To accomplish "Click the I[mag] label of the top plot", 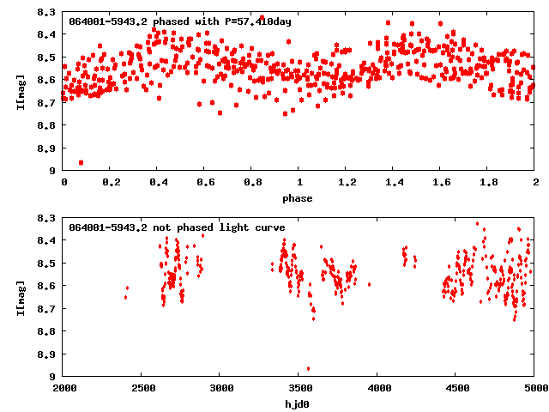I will click(x=19, y=91).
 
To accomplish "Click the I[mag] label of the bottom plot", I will click(x=19, y=296).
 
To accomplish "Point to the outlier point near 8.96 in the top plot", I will click(x=81, y=162).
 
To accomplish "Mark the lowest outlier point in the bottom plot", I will click(x=308, y=368).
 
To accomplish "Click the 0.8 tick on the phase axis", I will click(x=252, y=183).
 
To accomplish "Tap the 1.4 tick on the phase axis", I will click(x=394, y=183).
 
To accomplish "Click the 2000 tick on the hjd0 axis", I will click(x=64, y=388).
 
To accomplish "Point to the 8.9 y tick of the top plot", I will click(x=48, y=148).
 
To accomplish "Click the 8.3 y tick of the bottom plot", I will click(x=48, y=218).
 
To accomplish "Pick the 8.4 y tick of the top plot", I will click(x=48, y=34).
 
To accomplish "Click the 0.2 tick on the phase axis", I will click(x=111, y=183).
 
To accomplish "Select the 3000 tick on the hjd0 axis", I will click(x=221, y=388).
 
